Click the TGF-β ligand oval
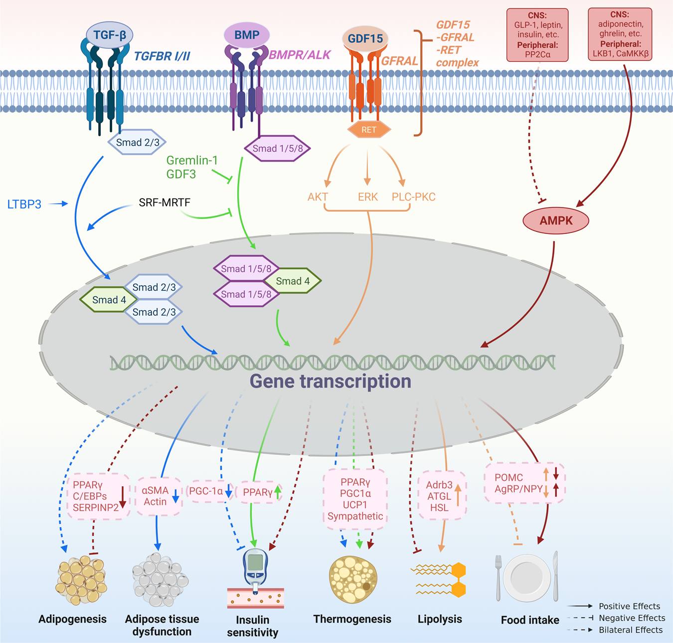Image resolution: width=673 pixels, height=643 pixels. (110, 35)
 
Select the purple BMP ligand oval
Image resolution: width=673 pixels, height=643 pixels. (247, 35)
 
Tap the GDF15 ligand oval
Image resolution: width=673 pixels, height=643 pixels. (365, 39)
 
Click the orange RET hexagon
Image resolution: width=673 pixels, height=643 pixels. (369, 130)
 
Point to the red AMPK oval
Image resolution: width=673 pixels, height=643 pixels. (556, 220)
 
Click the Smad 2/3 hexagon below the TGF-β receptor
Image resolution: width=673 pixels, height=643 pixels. (138, 143)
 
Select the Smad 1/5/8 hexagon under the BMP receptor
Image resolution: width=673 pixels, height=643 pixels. (277, 148)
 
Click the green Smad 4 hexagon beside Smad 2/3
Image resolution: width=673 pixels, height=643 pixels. (109, 300)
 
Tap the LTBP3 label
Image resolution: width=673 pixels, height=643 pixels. (24, 204)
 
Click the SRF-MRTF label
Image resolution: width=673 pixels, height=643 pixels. (165, 203)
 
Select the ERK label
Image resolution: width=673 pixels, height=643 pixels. (368, 197)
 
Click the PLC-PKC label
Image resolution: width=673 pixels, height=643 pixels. (413, 197)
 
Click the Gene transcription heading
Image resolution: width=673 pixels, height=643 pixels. (331, 381)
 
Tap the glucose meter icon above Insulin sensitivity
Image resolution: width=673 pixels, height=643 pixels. (255, 571)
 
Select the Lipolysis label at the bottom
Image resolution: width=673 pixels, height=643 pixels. (440, 619)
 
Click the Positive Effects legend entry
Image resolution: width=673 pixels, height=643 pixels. (629, 606)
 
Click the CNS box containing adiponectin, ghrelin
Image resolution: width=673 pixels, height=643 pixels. (620, 34)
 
